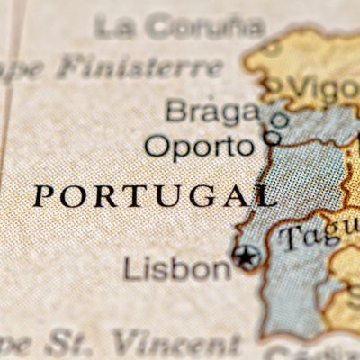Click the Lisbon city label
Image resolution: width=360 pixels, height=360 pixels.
pyautogui.click(x=177, y=268)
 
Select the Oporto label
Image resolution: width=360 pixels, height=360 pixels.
pyautogui.click(x=199, y=146)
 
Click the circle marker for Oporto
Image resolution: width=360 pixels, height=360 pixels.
pyautogui.click(x=272, y=138)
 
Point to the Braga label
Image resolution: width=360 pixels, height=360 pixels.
pyautogui.click(x=212, y=112)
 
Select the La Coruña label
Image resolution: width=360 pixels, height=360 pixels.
pyautogui.click(x=180, y=26)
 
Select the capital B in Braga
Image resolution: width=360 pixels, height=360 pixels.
pyautogui.click(x=175, y=112)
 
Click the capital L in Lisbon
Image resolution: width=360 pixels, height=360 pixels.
pyautogui.click(x=130, y=268)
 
